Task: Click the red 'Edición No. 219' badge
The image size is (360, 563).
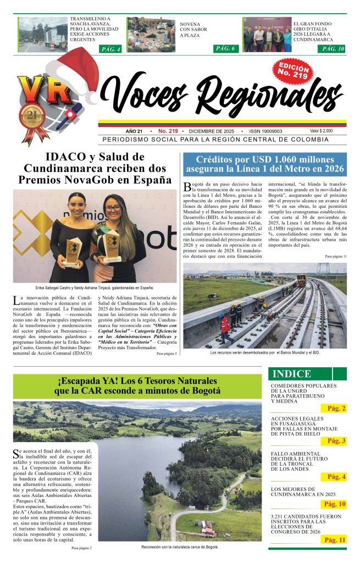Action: pyautogui.click(x=293, y=71)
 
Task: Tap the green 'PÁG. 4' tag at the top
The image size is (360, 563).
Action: pyautogui.click(x=112, y=49)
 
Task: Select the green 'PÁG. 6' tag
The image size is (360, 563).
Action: pyautogui.click(x=225, y=48)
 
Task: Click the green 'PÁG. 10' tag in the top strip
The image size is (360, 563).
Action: pyautogui.click(x=334, y=49)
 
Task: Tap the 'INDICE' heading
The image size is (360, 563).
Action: pyautogui.click(x=291, y=374)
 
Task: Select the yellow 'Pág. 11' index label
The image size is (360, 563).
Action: pyautogui.click(x=334, y=540)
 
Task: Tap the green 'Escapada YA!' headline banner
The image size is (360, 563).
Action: pyautogui.click(x=137, y=386)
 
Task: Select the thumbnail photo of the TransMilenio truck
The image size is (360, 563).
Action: pyautogui.click(x=42, y=35)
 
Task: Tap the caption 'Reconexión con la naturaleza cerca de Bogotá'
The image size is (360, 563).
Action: pyautogui.click(x=180, y=547)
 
